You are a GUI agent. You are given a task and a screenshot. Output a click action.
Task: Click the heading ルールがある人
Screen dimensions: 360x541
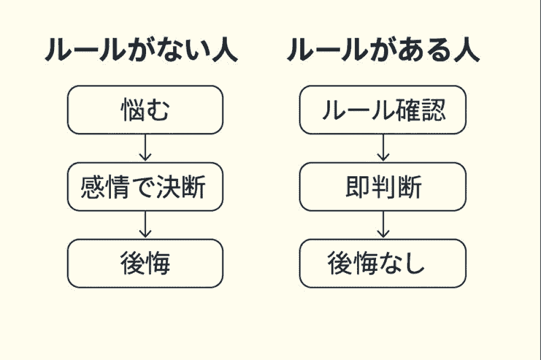383,51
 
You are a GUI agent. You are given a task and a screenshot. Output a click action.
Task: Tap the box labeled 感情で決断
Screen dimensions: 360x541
145,187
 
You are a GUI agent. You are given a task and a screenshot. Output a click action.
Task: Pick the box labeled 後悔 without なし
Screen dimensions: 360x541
145,264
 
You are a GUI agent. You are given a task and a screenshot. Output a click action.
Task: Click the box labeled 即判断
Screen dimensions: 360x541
382,187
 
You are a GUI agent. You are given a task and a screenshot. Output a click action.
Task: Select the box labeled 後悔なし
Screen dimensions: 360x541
382,264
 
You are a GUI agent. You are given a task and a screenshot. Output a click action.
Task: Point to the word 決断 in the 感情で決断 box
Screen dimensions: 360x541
186,187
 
